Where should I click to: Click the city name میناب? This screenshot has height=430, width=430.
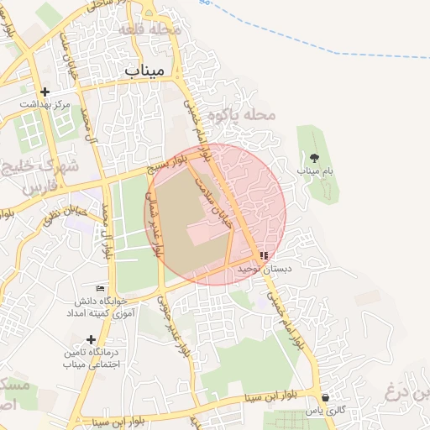[x=143, y=71]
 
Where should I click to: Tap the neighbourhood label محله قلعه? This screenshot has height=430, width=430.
[x=151, y=29]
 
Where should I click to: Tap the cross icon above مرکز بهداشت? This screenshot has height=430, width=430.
[x=45, y=92]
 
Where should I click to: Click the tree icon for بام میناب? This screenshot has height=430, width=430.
[x=315, y=157]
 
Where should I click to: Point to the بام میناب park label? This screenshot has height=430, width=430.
[x=315, y=170]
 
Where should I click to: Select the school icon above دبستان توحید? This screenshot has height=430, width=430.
[x=264, y=255]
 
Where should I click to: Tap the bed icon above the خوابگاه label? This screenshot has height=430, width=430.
[x=101, y=288]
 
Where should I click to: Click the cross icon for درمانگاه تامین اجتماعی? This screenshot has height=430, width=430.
[x=90, y=338]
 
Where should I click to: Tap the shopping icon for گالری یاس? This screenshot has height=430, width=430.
[x=325, y=397]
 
